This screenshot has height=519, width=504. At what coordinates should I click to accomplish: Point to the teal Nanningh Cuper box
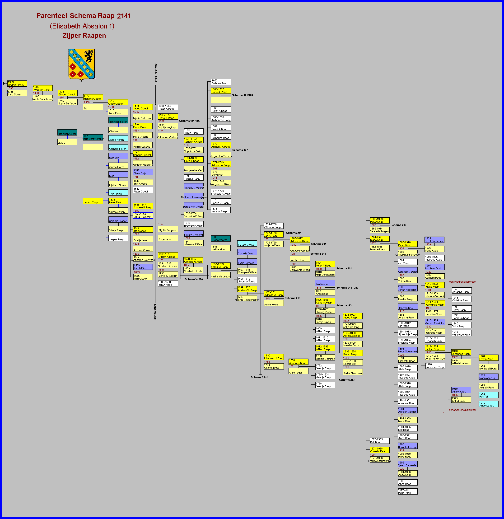coord(67,132)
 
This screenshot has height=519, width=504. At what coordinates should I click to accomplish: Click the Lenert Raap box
coord(93,201)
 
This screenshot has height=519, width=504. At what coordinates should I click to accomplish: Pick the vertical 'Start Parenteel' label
coord(156,73)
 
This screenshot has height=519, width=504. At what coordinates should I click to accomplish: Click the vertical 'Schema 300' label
coord(155,312)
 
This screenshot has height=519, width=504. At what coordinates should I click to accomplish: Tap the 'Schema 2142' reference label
coord(259,377)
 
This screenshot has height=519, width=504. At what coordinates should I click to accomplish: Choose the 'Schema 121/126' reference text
coord(242,95)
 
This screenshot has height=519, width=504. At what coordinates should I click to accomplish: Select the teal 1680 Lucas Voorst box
coord(220,238)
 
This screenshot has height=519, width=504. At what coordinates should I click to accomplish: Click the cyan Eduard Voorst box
coord(247,244)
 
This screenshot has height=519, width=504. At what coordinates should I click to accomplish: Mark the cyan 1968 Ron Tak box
coord(488,395)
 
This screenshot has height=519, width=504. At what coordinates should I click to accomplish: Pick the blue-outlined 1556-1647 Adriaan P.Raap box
coord(143,206)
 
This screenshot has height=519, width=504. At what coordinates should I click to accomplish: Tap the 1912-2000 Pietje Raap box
coord(407,491)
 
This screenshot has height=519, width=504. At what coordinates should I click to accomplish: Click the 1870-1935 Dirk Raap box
coord(379,441)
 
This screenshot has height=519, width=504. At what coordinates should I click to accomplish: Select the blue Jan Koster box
coord(325,283)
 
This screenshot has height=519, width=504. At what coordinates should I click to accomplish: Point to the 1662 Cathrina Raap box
coord(221,82)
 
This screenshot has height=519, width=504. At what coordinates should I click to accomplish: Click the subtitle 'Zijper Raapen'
coord(84,36)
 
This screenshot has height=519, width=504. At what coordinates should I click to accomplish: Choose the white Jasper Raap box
coord(118,238)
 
